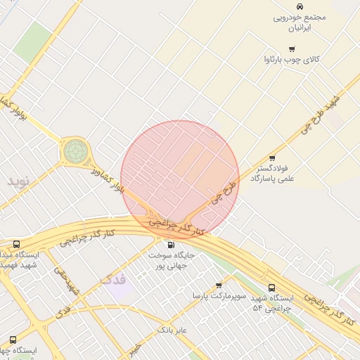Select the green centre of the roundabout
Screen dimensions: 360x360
click(x=76, y=150)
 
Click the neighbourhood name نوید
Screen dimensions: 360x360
click(x=20, y=181)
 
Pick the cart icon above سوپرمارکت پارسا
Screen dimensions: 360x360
click(x=219, y=285)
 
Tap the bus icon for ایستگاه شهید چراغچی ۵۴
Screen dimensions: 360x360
click(x=271, y=287)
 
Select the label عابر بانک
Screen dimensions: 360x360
click(x=174, y=328)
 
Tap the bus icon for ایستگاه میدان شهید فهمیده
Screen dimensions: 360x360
click(x=16, y=245)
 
